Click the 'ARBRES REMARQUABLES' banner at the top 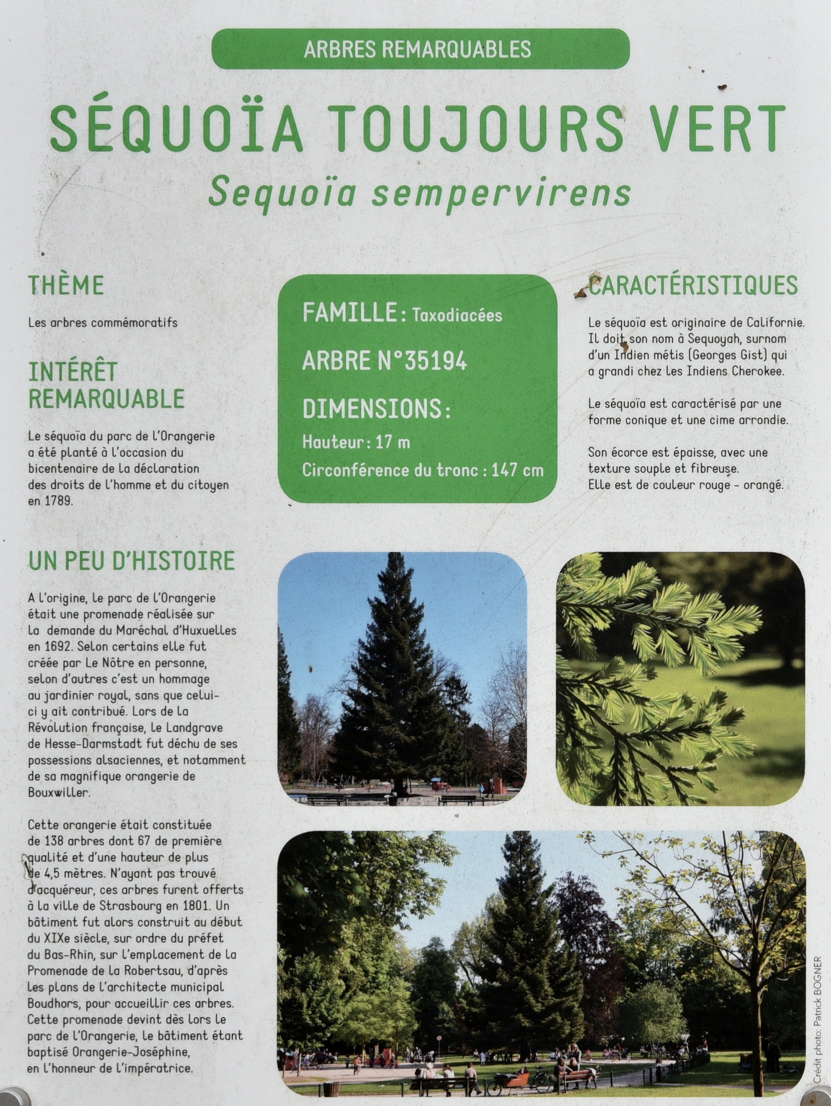pos(420,49)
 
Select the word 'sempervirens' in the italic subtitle pos(501,193)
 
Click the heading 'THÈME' pos(66,285)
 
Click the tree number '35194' pos(435,360)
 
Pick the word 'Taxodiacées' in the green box pos(457,315)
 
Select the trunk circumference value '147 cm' pos(517,471)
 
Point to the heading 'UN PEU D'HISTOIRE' pos(131,561)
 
